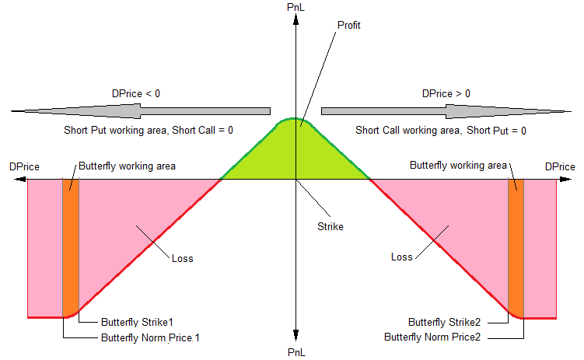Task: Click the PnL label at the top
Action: pos(296,7)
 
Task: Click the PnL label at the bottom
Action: pos(296,352)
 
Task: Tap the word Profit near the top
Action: pos(349,26)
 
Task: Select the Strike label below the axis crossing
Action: pos(330,227)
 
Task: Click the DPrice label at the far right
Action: pos(560,166)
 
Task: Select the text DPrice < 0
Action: pos(136,93)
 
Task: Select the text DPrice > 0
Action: pos(446,93)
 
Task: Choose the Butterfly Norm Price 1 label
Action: pos(150,338)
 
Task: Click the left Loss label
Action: pos(182,258)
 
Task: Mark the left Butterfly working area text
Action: pos(127,166)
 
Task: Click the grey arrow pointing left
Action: pos(140,110)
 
